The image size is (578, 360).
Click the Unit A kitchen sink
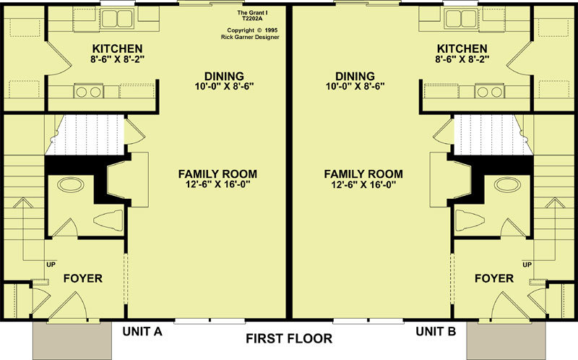click(x=117, y=19)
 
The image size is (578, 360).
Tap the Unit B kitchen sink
click(x=461, y=19)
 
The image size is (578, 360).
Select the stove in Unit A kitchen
click(x=88, y=92)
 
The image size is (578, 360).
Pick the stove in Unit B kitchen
click(x=490, y=92)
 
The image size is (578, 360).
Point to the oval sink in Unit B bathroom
click(x=508, y=184)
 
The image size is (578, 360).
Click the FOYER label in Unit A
click(x=83, y=278)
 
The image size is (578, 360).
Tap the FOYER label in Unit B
click(x=494, y=278)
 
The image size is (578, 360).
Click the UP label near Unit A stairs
click(x=51, y=265)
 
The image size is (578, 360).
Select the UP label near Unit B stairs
click(x=527, y=265)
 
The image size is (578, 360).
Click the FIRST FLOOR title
click(x=289, y=338)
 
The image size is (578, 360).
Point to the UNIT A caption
click(x=142, y=332)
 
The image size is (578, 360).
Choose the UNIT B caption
click(x=436, y=332)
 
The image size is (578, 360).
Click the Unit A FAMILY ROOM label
click(x=217, y=173)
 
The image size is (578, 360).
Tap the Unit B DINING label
click(x=355, y=77)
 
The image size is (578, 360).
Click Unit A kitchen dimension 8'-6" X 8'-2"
click(x=117, y=59)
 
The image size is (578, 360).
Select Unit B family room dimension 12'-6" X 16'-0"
click(x=363, y=184)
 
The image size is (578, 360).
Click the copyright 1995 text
click(x=252, y=30)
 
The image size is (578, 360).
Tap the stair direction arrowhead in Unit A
click(x=23, y=202)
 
